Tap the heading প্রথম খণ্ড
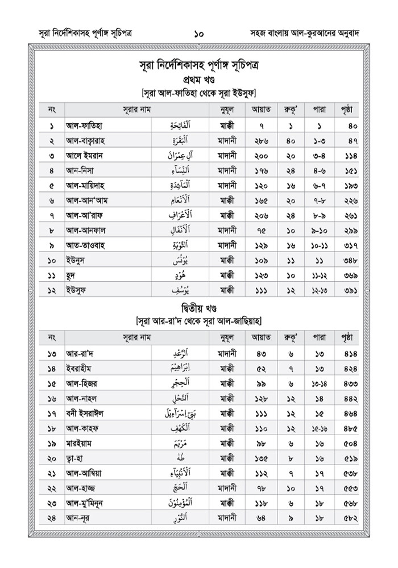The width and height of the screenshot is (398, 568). [198, 78]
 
